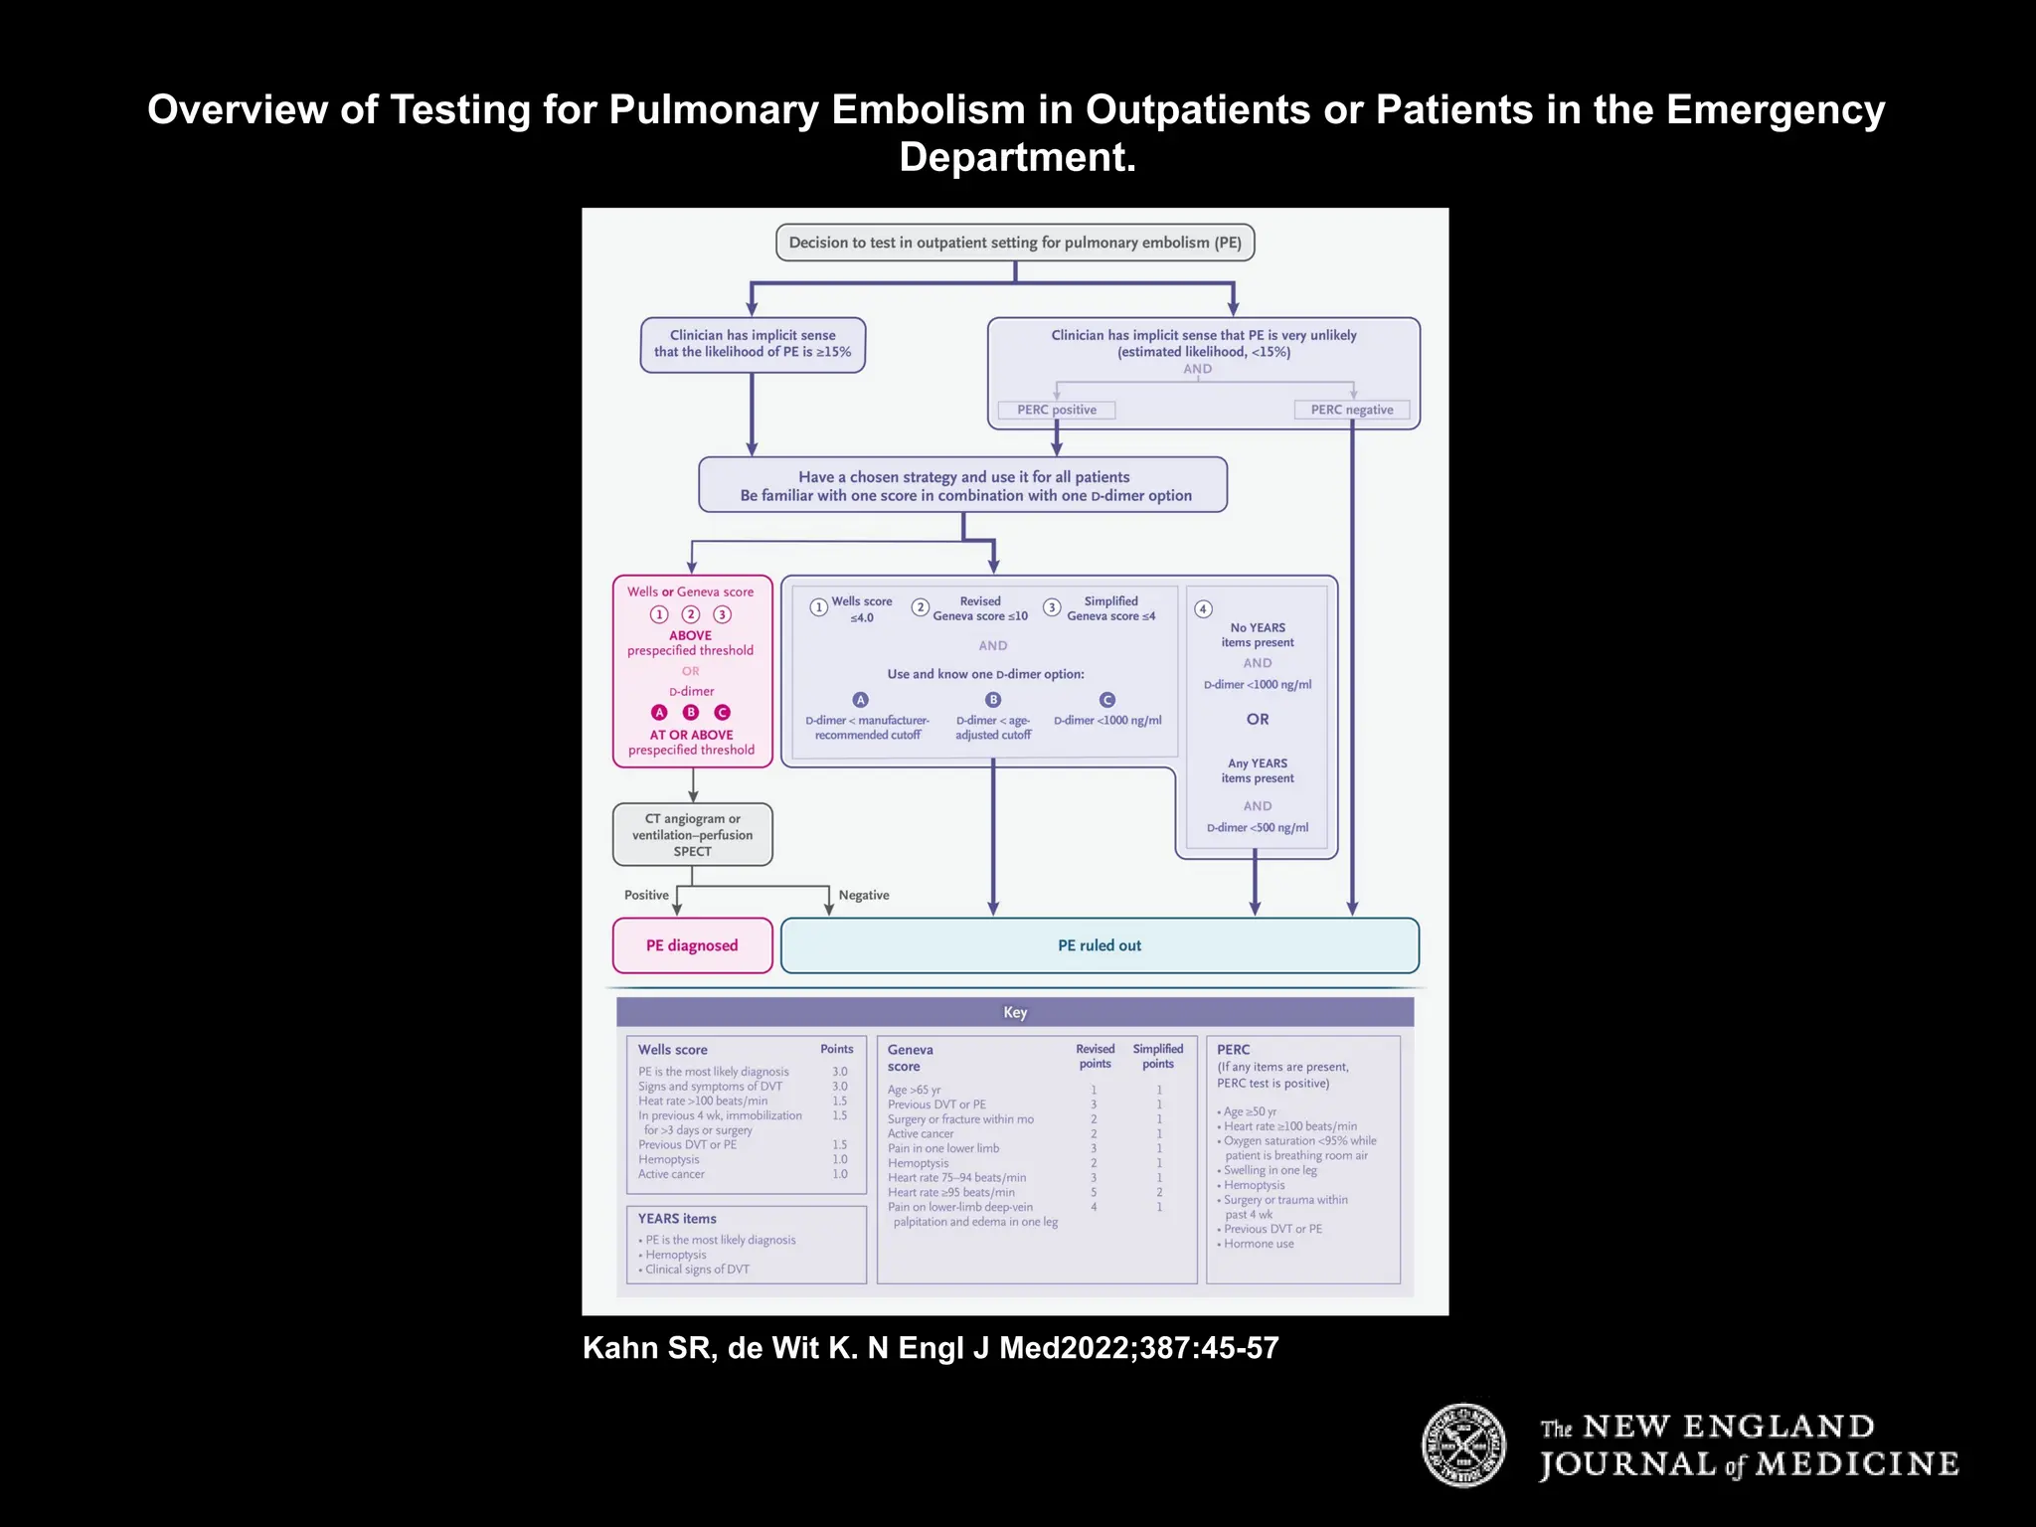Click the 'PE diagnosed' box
[x=692, y=945]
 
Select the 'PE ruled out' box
[x=1100, y=945]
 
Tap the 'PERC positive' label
[x=1056, y=410]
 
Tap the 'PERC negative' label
[x=1351, y=410]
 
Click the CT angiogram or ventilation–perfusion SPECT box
[x=692, y=835]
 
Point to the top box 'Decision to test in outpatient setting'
[x=1015, y=243]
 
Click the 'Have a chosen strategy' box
[x=963, y=485]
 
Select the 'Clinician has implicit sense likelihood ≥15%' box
[x=753, y=344]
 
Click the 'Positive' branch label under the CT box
[x=646, y=895]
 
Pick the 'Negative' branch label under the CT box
[x=863, y=895]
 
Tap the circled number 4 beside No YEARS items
[x=1203, y=608]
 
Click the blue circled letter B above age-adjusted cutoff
[x=992, y=700]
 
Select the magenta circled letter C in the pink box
[x=723, y=712]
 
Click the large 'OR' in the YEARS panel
[x=1258, y=719]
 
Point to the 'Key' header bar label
[x=1015, y=1012]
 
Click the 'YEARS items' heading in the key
[x=677, y=1218]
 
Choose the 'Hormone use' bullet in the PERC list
[x=1259, y=1244]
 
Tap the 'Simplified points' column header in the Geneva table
[x=1158, y=1056]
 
